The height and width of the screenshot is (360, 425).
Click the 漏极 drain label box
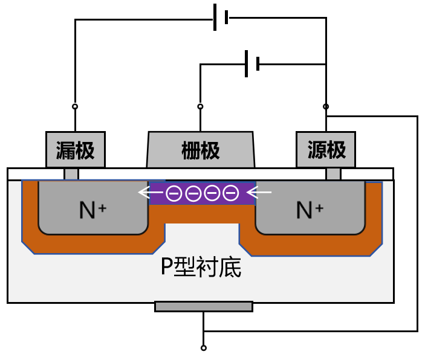click(x=76, y=150)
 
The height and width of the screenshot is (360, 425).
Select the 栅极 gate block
click(x=201, y=150)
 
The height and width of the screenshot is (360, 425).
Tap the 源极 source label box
click(x=326, y=150)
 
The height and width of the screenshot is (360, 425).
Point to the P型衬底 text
click(x=201, y=266)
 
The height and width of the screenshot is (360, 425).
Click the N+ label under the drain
click(x=92, y=210)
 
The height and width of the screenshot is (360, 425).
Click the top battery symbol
click(x=221, y=18)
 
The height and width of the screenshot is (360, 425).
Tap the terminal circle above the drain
click(x=75, y=106)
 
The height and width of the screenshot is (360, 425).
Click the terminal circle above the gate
click(x=200, y=106)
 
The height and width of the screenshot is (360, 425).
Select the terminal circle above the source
click(x=326, y=106)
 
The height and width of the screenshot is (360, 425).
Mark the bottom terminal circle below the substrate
click(x=203, y=348)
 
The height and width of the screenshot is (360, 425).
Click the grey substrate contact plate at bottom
click(x=203, y=306)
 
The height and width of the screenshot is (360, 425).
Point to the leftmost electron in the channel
click(x=174, y=193)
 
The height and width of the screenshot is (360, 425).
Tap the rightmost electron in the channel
click(x=230, y=193)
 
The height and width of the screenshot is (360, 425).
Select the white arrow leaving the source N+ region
click(x=260, y=193)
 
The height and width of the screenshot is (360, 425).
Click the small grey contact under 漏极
click(x=71, y=174)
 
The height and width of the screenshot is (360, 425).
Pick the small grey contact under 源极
click(x=333, y=174)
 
